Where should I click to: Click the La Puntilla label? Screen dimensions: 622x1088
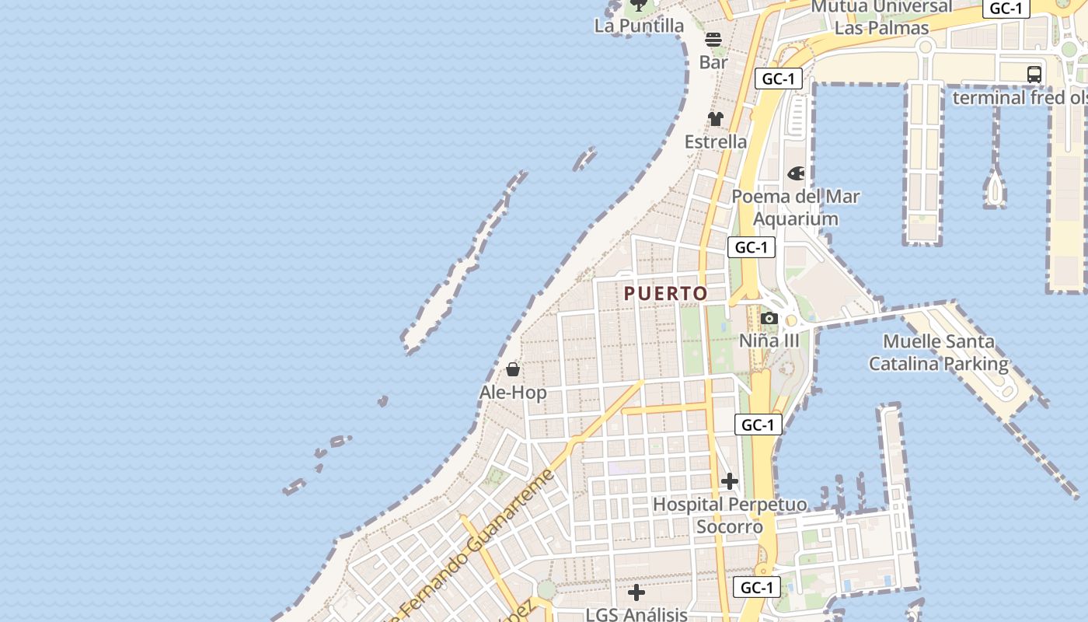pyautogui.click(x=639, y=26)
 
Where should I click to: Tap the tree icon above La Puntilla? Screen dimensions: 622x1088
pyautogui.click(x=638, y=5)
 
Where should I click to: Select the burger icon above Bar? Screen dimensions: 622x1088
pyautogui.click(x=713, y=40)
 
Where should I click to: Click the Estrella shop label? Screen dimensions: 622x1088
pyautogui.click(x=715, y=142)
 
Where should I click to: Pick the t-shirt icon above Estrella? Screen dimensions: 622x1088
pyautogui.click(x=715, y=119)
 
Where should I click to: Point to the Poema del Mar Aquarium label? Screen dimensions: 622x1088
pyautogui.click(x=796, y=208)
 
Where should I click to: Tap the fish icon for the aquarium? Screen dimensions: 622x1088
pyautogui.click(x=796, y=173)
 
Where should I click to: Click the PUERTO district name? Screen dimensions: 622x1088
pyautogui.click(x=666, y=293)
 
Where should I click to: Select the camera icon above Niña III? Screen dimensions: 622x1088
pyautogui.click(x=769, y=318)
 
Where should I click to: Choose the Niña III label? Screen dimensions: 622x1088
pyautogui.click(x=769, y=341)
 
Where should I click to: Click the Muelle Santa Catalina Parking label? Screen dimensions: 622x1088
pyautogui.click(x=938, y=352)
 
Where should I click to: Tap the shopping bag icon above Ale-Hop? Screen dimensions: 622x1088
pyautogui.click(x=513, y=369)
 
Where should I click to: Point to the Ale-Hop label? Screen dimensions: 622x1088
pyautogui.click(x=513, y=393)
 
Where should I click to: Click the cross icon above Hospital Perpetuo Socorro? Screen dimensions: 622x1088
pyautogui.click(x=729, y=481)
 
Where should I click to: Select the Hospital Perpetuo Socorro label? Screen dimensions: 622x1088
pyautogui.click(x=729, y=515)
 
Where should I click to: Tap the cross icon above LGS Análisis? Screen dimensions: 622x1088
pyautogui.click(x=636, y=592)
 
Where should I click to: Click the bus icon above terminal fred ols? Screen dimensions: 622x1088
pyautogui.click(x=1034, y=75)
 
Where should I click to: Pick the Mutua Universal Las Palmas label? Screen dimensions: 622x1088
pyautogui.click(x=881, y=17)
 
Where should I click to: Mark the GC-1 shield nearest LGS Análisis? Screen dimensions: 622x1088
pyautogui.click(x=757, y=587)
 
